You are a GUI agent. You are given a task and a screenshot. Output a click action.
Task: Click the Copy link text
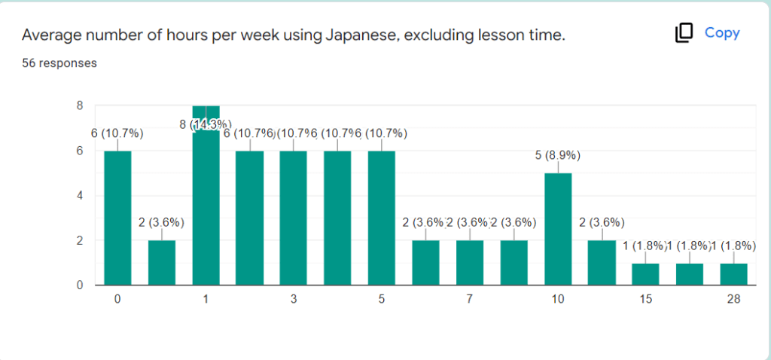[722, 33]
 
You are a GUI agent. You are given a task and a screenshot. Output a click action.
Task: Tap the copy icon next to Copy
[684, 33]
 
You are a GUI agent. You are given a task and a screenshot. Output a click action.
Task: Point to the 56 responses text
[59, 63]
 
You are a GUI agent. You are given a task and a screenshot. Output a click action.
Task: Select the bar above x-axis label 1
[206, 196]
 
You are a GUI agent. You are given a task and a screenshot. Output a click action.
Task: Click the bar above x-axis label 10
[558, 229]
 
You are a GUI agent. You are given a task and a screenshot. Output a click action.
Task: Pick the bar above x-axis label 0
[117, 218]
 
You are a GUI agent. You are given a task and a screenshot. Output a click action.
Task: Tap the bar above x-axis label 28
[734, 274]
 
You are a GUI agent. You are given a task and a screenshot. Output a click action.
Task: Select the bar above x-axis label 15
[645, 274]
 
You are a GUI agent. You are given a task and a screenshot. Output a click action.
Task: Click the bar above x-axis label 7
[470, 263]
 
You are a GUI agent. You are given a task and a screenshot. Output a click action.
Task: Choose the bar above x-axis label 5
[382, 218]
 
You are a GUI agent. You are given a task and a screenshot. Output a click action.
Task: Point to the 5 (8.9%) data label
[558, 156]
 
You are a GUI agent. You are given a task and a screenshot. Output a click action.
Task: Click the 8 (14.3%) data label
[206, 124]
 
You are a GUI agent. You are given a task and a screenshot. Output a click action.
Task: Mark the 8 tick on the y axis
[79, 105]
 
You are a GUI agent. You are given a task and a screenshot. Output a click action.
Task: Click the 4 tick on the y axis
[79, 196]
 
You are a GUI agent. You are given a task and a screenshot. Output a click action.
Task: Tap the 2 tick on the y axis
[79, 241]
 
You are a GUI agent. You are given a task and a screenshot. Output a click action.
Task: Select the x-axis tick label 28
[734, 299]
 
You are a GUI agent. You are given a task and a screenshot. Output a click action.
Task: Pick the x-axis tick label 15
[645, 299]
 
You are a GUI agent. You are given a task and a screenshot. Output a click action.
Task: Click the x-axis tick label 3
[294, 299]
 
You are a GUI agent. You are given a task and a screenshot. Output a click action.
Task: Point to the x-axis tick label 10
[558, 299]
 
